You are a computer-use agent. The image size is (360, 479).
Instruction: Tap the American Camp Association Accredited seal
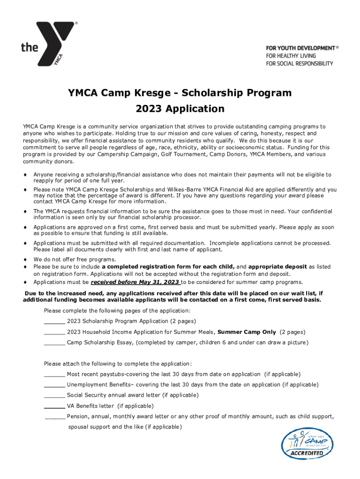click(308, 443)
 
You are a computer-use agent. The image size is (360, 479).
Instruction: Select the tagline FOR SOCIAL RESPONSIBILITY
click(299, 63)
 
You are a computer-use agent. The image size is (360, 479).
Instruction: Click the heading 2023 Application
click(180, 109)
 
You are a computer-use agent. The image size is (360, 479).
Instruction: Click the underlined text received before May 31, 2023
click(135, 282)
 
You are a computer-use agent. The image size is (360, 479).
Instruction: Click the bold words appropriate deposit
click(278, 267)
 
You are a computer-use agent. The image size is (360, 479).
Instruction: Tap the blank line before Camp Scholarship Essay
click(54, 343)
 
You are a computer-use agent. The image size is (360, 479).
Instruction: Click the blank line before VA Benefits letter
click(54, 406)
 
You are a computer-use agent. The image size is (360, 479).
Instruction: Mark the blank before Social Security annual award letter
click(54, 395)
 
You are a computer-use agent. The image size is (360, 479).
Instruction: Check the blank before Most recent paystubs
click(54, 374)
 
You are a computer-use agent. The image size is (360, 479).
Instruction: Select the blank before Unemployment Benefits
click(54, 385)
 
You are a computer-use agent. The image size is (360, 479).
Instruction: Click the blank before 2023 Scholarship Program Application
click(54, 321)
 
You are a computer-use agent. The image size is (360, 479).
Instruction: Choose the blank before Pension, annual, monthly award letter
click(55, 416)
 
